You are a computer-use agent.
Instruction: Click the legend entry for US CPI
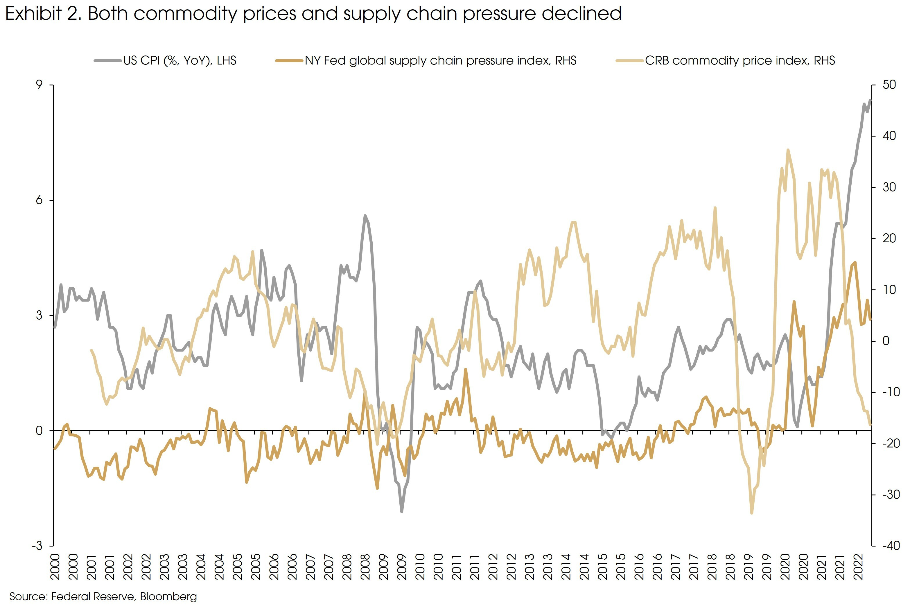tap(180, 61)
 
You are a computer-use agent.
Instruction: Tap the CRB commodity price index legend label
tap(740, 61)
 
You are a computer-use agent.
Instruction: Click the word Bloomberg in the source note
tap(168, 597)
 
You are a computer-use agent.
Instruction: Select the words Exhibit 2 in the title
tap(43, 14)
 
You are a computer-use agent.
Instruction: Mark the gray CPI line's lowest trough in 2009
tap(401, 511)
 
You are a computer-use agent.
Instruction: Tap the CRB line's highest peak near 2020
tap(788, 150)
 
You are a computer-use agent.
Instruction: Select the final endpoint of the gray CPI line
tap(870, 100)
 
